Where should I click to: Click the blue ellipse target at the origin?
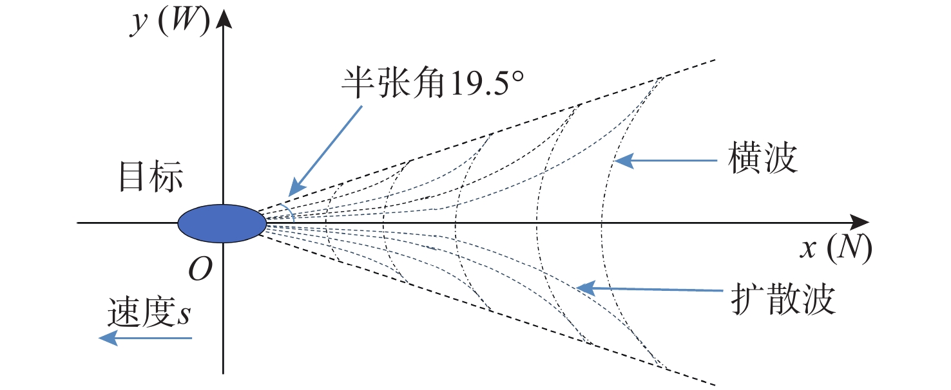pos(222,223)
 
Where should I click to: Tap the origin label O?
pos(200,271)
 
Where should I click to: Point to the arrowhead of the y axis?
pos(224,16)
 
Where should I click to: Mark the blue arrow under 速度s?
pos(145,339)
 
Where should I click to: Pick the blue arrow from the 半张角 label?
pos(326,149)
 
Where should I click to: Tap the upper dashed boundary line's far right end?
pos(715,60)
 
